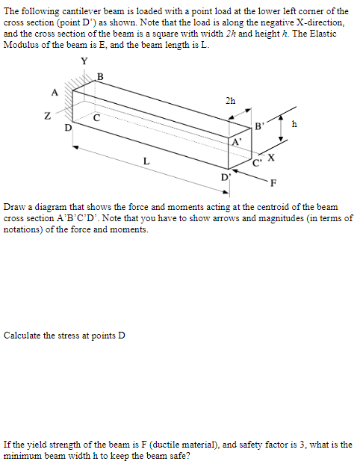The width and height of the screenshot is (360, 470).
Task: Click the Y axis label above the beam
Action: point(84,61)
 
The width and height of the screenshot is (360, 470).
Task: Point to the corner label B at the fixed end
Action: point(101,75)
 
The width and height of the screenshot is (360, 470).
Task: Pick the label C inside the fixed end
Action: point(97,117)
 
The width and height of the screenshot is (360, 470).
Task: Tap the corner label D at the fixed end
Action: point(68,128)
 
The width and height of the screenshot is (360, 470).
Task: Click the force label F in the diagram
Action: point(274,182)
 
